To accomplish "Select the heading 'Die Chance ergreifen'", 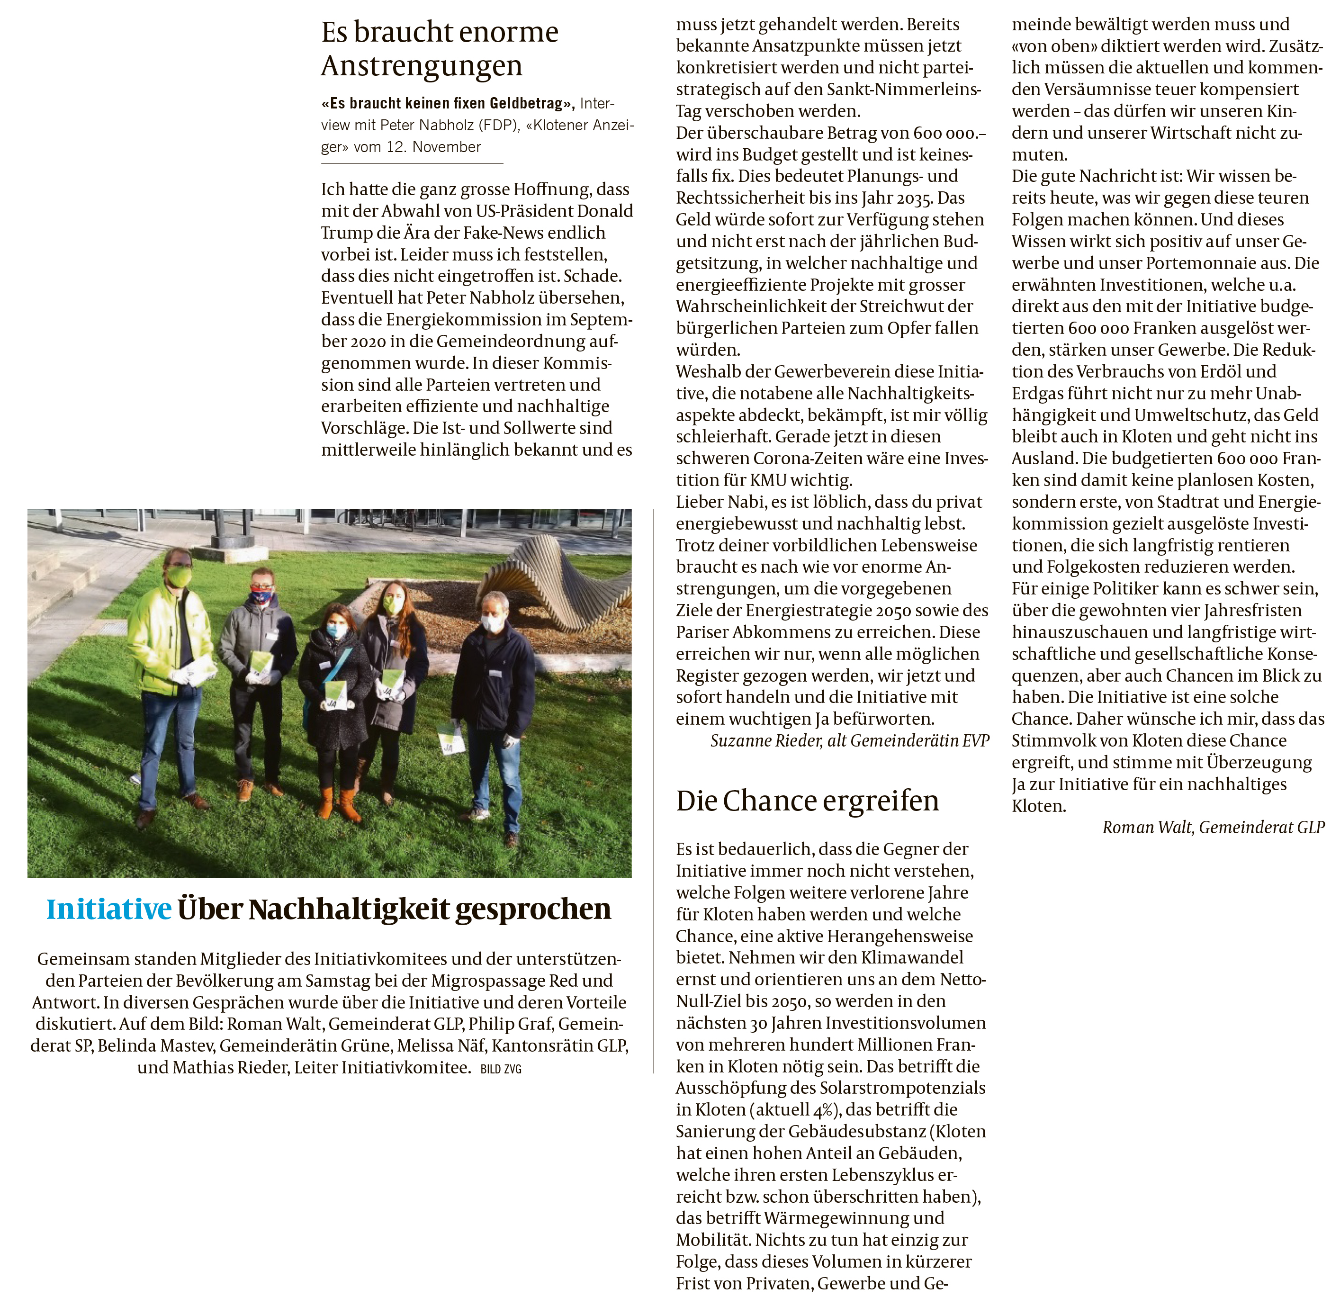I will click(x=807, y=801).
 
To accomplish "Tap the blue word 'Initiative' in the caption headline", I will click(x=108, y=910).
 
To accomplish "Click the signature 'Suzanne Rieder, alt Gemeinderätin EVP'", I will click(x=849, y=741).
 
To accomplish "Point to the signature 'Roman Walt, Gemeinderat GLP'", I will click(x=1213, y=828).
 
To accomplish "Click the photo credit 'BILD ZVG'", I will click(x=501, y=1069).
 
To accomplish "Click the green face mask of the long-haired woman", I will click(x=392, y=605).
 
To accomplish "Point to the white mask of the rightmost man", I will click(x=493, y=622).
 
